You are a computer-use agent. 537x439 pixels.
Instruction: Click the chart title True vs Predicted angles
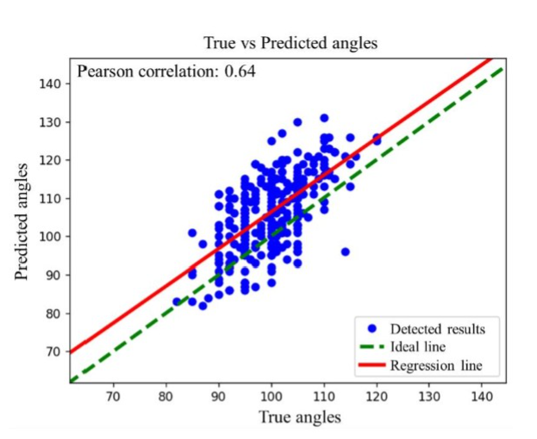(290, 43)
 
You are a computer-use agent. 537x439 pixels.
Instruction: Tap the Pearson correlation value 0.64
(240, 71)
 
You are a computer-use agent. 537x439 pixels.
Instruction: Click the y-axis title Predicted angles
(22, 221)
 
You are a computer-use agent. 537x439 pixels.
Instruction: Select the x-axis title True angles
(300, 417)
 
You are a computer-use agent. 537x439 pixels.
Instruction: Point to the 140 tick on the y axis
(51, 83)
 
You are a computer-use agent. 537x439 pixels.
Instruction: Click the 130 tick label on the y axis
(51, 122)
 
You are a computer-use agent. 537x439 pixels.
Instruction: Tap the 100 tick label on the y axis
(51, 237)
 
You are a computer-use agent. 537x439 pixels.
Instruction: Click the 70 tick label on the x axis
(114, 397)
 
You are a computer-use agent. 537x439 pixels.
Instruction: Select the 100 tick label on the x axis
(272, 397)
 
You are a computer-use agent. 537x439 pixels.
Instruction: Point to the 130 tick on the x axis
(429, 397)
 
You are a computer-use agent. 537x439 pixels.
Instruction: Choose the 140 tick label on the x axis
(482, 397)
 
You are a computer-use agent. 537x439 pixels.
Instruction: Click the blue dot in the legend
(372, 329)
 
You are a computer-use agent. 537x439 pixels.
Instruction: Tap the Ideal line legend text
(418, 347)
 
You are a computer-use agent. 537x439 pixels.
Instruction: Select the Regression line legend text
(436, 366)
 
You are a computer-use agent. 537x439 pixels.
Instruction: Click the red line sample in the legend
(372, 365)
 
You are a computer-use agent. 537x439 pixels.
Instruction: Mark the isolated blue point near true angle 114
(345, 252)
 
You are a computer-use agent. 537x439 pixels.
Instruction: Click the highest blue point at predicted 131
(324, 118)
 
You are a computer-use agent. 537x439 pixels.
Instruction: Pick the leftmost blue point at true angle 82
(177, 302)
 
